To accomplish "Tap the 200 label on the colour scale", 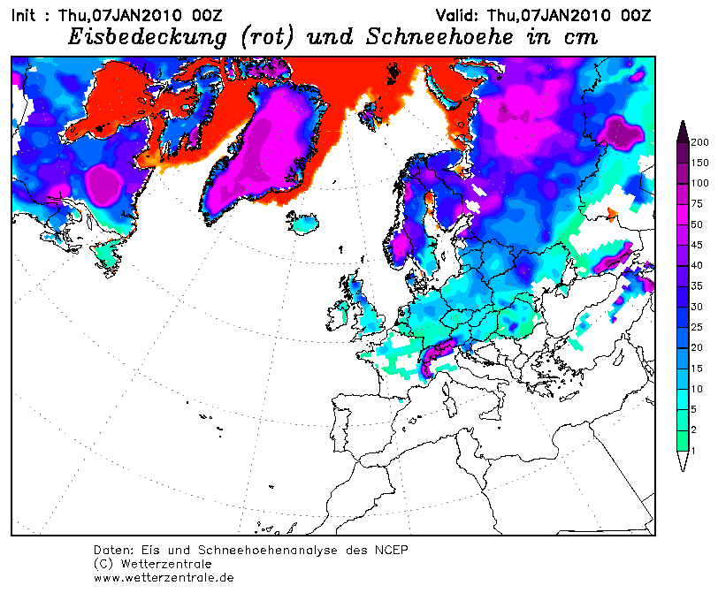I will [698, 142].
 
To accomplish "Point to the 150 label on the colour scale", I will [698, 163].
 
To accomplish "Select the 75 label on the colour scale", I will [698, 204].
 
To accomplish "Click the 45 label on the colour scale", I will [698, 266].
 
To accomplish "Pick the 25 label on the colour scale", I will [698, 327].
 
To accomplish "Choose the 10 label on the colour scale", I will [698, 389].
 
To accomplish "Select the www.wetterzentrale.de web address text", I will [164, 577].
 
